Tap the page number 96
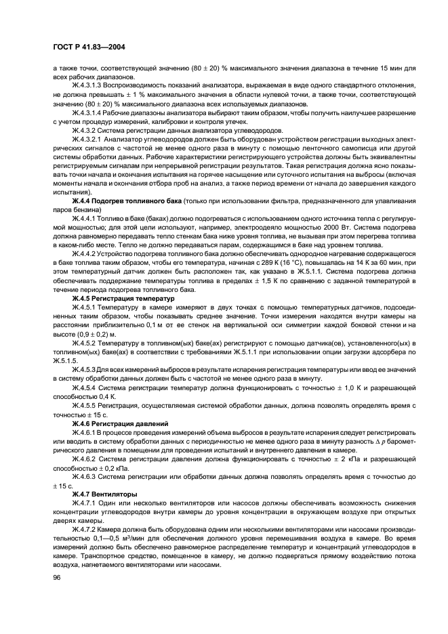[58, 576]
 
